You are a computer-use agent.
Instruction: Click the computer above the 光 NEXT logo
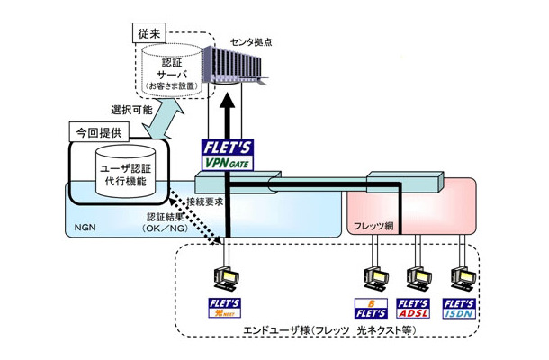click(223, 276)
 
